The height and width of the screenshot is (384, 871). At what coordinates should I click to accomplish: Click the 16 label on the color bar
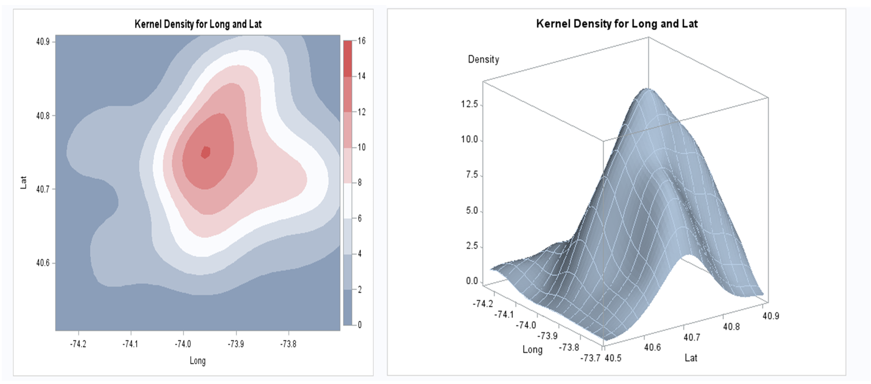pos(361,41)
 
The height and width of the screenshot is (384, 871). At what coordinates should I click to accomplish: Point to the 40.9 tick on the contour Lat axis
pos(43,42)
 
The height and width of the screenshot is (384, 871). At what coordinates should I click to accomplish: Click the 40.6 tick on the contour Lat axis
pos(43,263)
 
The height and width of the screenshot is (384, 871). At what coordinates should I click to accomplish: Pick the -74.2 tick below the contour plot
pos(78,344)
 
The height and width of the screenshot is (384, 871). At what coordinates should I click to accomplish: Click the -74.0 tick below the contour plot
pos(183,344)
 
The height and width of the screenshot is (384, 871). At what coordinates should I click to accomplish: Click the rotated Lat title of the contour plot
pos(23,182)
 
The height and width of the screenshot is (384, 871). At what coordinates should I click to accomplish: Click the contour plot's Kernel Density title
pos(198,24)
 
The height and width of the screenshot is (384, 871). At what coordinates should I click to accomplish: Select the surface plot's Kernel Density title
pos(617,24)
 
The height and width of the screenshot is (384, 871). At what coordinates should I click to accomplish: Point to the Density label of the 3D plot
pos(483,59)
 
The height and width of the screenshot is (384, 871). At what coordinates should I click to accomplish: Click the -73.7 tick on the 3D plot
pos(590,358)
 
